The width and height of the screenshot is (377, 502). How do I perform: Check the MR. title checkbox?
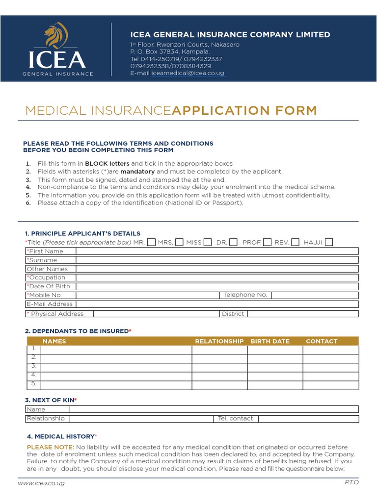[152, 242]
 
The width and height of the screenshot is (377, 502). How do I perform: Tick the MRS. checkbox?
[180, 242]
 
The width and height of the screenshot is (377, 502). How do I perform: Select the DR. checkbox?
[233, 242]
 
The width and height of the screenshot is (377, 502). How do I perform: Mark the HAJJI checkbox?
[329, 242]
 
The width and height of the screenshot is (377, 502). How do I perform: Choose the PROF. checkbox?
[267, 242]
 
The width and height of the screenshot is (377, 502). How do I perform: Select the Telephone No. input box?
[315, 295]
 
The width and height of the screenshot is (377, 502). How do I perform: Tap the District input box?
[302, 314]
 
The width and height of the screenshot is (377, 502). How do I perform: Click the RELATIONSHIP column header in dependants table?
[219, 341]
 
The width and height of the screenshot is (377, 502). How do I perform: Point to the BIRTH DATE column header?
[270, 341]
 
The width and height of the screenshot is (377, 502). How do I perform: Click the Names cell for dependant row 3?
[116, 367]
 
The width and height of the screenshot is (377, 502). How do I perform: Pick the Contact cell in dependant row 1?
[330, 350]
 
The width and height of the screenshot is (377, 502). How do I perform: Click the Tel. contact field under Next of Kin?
[308, 419]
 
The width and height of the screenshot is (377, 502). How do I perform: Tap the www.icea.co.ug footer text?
[41, 483]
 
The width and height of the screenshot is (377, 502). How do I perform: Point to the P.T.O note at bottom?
[351, 483]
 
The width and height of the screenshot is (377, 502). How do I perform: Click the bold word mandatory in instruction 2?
[137, 172]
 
